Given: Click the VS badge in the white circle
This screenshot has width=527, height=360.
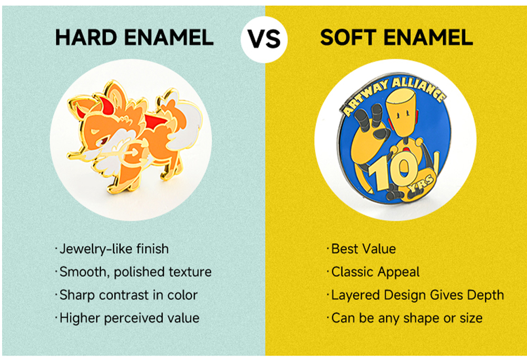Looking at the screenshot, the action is [264, 40].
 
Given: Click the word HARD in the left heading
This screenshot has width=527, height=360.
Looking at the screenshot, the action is [86, 37].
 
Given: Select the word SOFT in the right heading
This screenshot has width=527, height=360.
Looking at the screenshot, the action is [348, 37].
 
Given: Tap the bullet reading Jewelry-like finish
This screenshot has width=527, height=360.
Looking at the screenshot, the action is [112, 249].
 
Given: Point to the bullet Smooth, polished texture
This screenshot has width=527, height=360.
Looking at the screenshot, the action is [133, 272].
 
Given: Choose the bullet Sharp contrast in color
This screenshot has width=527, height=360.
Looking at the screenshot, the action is [126, 295].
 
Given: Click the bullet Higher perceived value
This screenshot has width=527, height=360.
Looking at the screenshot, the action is [127, 318].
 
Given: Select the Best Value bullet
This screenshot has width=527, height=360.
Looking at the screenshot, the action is [361, 249].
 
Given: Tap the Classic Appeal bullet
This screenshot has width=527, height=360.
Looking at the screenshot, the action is [373, 272].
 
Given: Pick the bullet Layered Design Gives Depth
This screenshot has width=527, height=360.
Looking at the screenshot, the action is [415, 295].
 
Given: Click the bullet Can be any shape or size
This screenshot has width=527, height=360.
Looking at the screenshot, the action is [404, 318].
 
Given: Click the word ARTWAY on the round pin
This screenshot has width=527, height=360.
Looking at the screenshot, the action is [364, 98].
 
